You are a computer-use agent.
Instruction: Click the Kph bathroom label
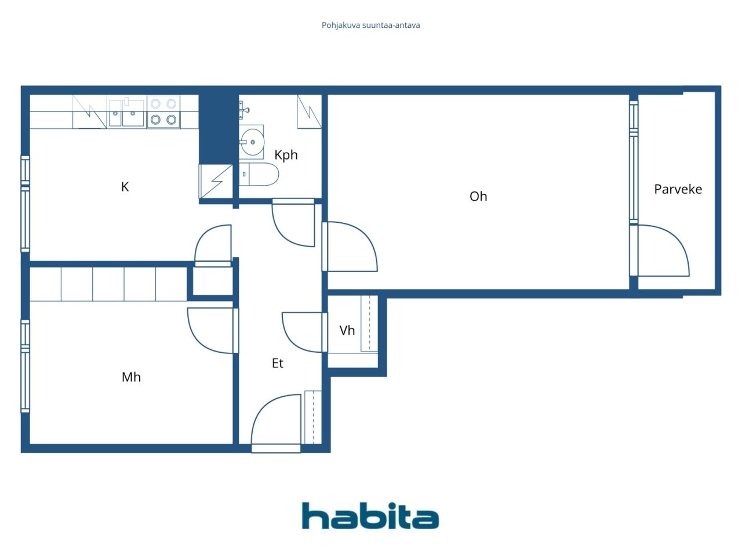286,155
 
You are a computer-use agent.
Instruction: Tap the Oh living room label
478,197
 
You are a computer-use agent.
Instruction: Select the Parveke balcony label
678,189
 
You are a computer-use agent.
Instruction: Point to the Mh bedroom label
131,377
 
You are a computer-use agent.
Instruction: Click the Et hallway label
278,363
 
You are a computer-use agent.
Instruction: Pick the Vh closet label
347,330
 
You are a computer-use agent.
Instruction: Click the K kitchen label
125,187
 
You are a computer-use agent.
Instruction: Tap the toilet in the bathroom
259,174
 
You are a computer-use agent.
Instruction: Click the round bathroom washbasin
252,142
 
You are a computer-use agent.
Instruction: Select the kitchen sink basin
126,113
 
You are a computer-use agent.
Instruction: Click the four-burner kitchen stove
163,112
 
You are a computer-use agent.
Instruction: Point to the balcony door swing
663,251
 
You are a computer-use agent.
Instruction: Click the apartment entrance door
276,420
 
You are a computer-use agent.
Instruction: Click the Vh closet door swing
303,333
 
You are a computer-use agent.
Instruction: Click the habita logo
370,516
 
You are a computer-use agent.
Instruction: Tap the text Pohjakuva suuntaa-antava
371,26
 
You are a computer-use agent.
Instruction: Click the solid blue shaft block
219,129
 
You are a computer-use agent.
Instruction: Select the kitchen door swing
213,244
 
